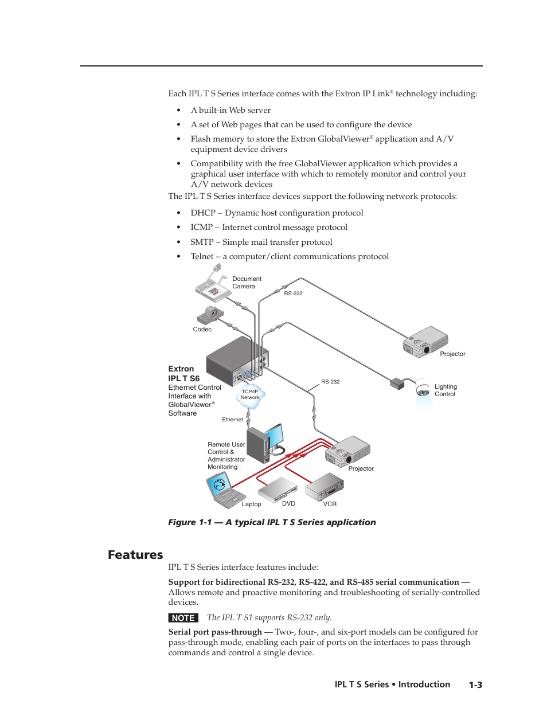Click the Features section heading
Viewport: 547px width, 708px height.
point(135,555)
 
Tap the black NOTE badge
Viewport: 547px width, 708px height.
point(183,618)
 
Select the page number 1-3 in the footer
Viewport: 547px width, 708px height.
point(475,685)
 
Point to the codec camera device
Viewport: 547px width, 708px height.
point(210,315)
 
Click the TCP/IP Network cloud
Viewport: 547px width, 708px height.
point(250,396)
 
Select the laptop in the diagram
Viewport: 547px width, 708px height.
point(222,491)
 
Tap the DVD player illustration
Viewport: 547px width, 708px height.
point(278,489)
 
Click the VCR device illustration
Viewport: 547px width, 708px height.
point(325,487)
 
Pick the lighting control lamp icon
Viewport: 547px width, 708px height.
point(423,388)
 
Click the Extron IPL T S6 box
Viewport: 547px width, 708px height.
point(236,361)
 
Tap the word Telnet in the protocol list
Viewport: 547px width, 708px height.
point(202,257)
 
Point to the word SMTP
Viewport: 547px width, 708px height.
point(202,242)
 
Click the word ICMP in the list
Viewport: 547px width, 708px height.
point(201,228)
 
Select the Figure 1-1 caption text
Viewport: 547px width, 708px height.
point(272,522)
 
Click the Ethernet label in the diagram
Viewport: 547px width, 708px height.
point(232,420)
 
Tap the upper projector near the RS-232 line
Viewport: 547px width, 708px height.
point(425,342)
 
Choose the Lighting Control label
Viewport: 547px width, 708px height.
point(446,390)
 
